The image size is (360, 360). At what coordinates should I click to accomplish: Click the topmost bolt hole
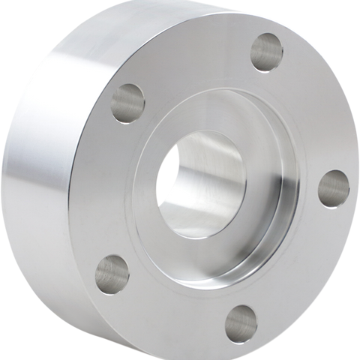tap(266, 52)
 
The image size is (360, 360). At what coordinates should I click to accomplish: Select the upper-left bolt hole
tap(127, 103)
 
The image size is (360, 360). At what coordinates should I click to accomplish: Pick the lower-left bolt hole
tap(112, 274)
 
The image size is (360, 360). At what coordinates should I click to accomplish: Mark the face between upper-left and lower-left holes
tap(105, 187)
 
